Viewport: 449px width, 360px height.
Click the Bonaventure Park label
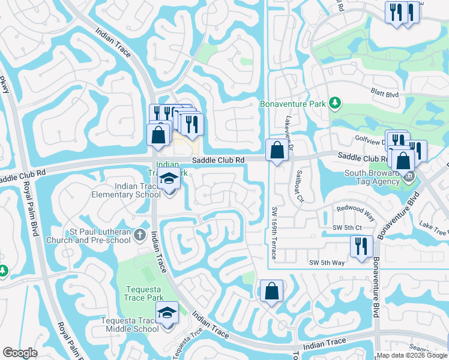click(293, 104)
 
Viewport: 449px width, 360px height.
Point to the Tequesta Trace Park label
click(144, 293)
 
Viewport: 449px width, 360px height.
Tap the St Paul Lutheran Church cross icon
click(139, 235)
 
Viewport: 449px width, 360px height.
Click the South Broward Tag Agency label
click(372, 178)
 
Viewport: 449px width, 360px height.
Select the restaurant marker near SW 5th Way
click(362, 247)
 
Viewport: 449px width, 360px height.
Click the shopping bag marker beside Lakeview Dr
click(277, 150)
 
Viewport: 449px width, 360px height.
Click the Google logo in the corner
click(20, 353)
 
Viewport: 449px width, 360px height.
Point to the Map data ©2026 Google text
click(412, 355)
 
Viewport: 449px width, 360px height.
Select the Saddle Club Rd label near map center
click(218, 160)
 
